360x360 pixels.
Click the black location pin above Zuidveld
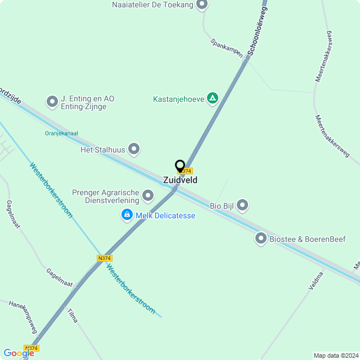(180, 166)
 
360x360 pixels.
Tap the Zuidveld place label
(180, 180)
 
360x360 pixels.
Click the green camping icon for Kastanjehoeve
(213, 99)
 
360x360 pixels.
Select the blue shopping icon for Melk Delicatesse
(127, 215)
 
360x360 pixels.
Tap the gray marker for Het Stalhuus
(134, 149)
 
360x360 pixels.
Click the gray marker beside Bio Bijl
(242, 205)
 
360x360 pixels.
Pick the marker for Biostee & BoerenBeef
(261, 238)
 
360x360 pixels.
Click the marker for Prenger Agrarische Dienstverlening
(148, 196)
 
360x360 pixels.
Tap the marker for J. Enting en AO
(52, 102)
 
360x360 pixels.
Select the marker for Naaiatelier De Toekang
(202, 5)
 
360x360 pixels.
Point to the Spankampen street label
(227, 48)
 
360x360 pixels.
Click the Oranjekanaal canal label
(61, 133)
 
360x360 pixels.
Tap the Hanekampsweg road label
(23, 316)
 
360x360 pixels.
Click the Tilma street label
(73, 315)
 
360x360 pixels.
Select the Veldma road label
(316, 280)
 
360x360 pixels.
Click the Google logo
(18, 353)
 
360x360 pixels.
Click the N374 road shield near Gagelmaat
(103, 258)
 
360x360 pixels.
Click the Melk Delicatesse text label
(165, 215)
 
